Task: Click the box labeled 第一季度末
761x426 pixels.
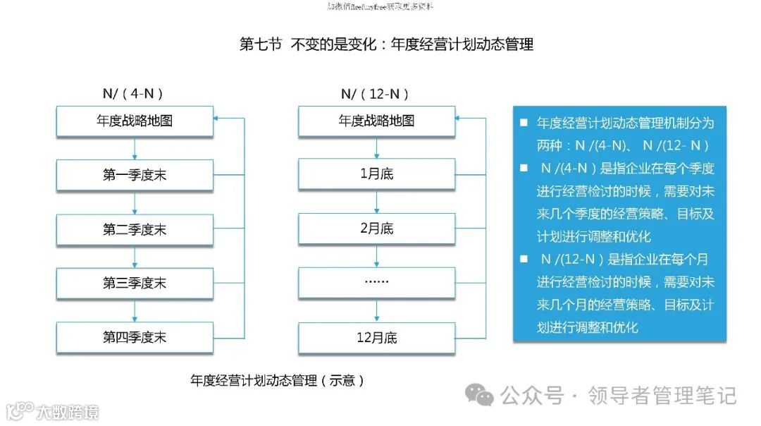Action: pyautogui.click(x=135, y=175)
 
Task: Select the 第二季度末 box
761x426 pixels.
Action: pyautogui.click(x=135, y=229)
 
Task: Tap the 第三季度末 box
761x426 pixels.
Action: pyautogui.click(x=135, y=283)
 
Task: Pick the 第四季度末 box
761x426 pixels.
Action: pyautogui.click(x=135, y=337)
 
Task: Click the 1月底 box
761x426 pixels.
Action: pyautogui.click(x=376, y=175)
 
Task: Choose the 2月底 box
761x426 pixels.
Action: pyautogui.click(x=376, y=229)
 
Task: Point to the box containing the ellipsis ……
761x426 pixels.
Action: pyautogui.click(x=376, y=283)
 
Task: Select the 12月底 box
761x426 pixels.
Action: pyautogui.click(x=376, y=337)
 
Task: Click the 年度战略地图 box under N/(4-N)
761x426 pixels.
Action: pyautogui.click(x=135, y=121)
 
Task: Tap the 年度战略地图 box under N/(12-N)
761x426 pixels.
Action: pyautogui.click(x=376, y=121)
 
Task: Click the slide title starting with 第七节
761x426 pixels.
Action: pyautogui.click(x=386, y=44)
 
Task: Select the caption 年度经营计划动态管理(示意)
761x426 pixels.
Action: pyautogui.click(x=278, y=381)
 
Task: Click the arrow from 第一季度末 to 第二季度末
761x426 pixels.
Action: pyautogui.click(x=135, y=202)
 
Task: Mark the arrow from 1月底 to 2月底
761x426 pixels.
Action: pyautogui.click(x=376, y=202)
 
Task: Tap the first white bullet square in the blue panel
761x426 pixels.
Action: pyautogui.click(x=524, y=123)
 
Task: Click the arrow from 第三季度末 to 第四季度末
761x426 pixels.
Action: pyautogui.click(x=135, y=310)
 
